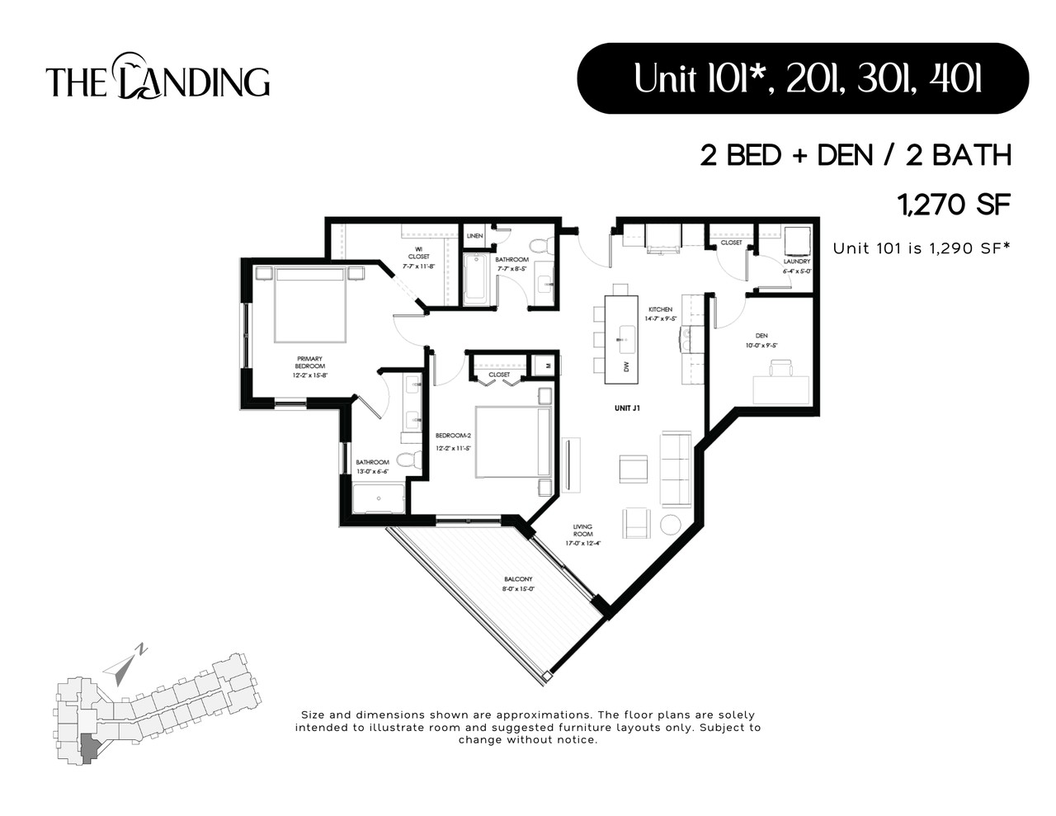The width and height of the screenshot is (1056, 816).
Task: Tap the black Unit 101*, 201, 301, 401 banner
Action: [802, 78]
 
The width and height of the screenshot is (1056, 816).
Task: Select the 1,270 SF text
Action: [954, 205]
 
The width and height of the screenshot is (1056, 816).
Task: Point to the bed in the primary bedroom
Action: [309, 304]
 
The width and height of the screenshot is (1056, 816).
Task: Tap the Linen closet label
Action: [474, 236]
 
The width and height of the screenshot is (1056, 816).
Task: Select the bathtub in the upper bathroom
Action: [476, 279]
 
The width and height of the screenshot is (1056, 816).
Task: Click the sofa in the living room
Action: [676, 468]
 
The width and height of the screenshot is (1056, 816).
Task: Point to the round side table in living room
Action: [670, 524]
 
